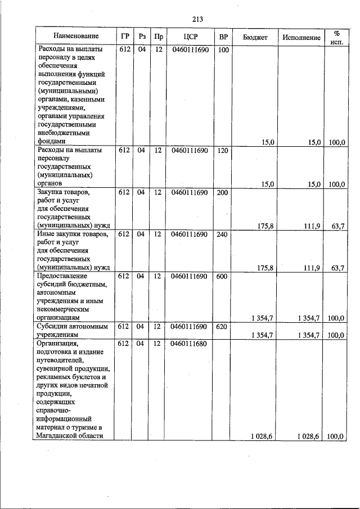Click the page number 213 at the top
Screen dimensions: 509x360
[x=197, y=19]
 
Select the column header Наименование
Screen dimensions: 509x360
[x=75, y=37]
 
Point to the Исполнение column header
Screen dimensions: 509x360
[x=301, y=37]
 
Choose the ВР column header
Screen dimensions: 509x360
[x=223, y=37]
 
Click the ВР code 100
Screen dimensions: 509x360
[x=223, y=50]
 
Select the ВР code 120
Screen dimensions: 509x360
[x=223, y=150]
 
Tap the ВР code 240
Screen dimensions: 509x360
[x=223, y=234]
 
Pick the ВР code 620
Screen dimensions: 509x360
[x=223, y=326]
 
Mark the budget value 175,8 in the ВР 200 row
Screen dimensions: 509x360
[x=265, y=226]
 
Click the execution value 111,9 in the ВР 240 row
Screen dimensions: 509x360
[x=312, y=268]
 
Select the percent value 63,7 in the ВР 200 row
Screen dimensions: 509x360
[x=337, y=226]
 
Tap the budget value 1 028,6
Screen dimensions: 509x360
[x=262, y=436]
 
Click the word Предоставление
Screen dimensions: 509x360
[x=62, y=276]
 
